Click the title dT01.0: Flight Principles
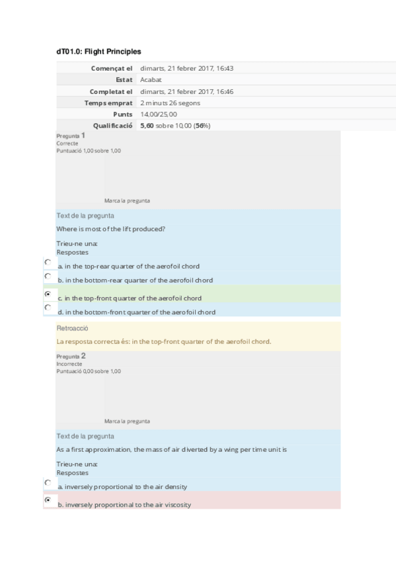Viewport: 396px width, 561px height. coord(99,52)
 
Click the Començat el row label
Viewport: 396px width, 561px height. coord(111,68)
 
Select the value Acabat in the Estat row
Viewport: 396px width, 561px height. coord(151,79)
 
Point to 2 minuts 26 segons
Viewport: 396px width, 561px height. coord(170,103)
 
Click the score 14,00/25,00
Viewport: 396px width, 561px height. coord(159,114)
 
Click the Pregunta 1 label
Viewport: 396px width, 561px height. coord(70,136)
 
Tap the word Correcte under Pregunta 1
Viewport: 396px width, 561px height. coord(67,143)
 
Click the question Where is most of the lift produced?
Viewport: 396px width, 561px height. coord(110,229)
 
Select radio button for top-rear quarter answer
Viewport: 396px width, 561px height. coord(47,263)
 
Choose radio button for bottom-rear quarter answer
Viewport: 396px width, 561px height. coord(47,276)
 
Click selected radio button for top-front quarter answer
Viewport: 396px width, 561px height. coord(47,294)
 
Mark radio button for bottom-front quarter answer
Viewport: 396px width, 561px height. coord(47,308)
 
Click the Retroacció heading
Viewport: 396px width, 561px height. coord(71,328)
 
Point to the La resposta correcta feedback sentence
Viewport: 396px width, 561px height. coord(164,341)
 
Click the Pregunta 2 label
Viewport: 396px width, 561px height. coord(71,356)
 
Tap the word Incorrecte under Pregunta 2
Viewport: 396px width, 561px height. coord(69,364)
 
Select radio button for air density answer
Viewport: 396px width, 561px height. coord(47,483)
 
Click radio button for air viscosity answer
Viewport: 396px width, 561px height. coord(47,501)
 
